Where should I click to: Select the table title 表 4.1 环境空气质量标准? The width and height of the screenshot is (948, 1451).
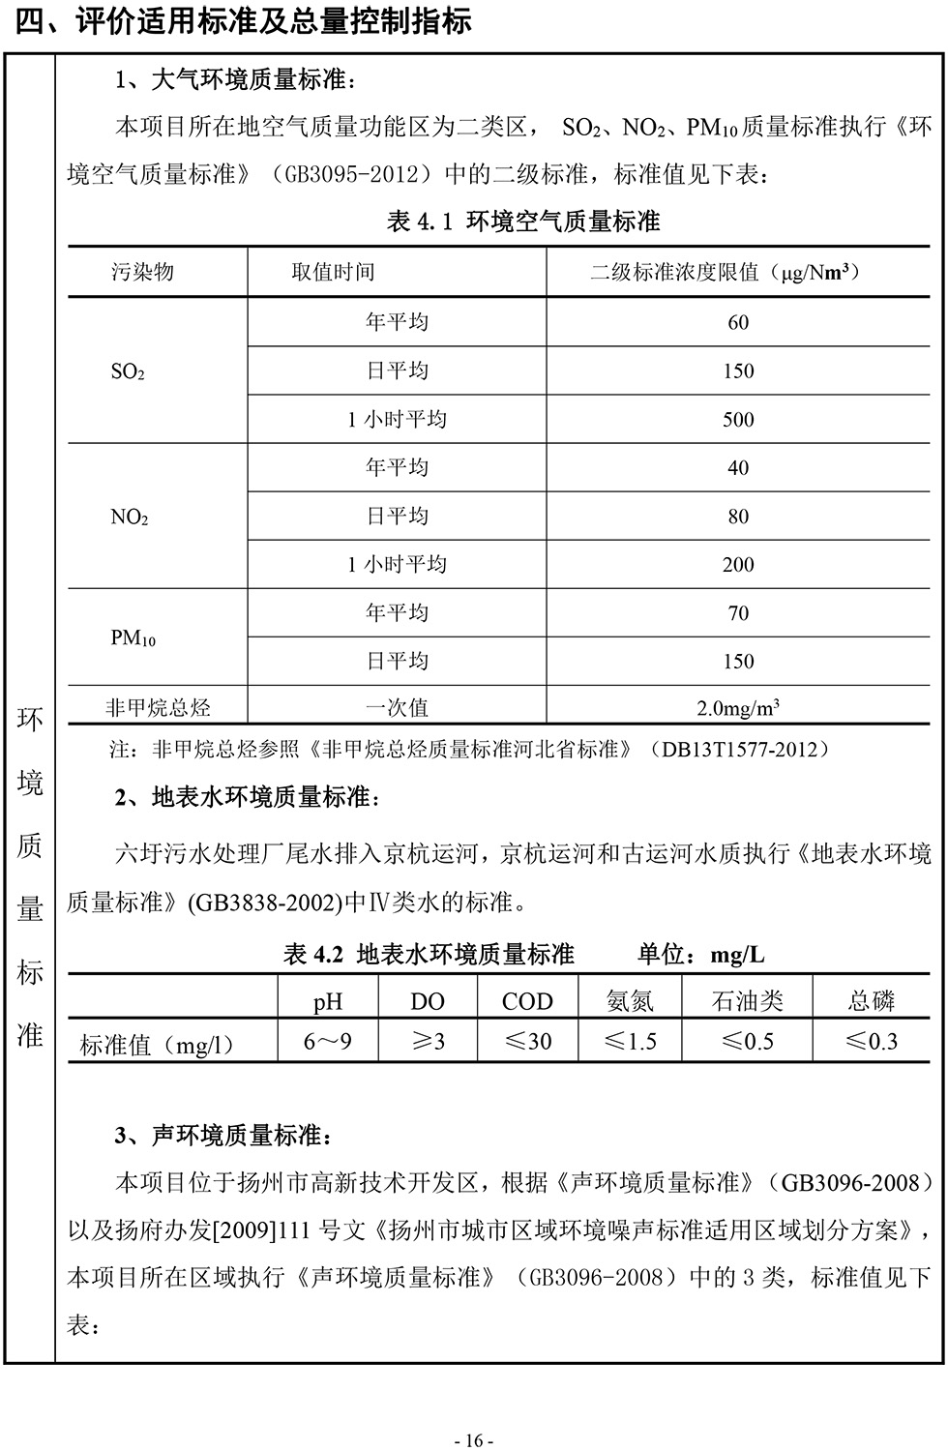pyautogui.click(x=522, y=222)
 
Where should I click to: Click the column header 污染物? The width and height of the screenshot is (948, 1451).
pyautogui.click(x=142, y=272)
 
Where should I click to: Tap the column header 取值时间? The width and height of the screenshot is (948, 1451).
pyautogui.click(x=333, y=272)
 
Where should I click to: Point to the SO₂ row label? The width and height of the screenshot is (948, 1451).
pyautogui.click(x=128, y=371)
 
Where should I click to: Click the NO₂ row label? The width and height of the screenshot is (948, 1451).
pyautogui.click(x=129, y=517)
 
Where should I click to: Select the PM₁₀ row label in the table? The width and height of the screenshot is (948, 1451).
pyautogui.click(x=133, y=637)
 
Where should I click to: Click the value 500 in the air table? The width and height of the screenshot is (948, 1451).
pyautogui.click(x=738, y=420)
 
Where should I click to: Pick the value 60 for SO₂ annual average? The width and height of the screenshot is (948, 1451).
pyautogui.click(x=738, y=323)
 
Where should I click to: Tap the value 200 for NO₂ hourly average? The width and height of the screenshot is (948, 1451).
pyautogui.click(x=738, y=565)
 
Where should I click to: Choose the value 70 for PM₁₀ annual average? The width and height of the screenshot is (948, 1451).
pyautogui.click(x=738, y=613)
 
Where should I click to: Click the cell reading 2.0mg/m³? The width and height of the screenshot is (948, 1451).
pyautogui.click(x=738, y=708)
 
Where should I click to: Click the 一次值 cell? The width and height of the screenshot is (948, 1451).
pyautogui.click(x=397, y=708)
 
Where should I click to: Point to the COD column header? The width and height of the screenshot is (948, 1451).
pyautogui.click(x=527, y=1001)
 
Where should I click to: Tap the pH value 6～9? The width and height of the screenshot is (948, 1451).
pyautogui.click(x=328, y=1042)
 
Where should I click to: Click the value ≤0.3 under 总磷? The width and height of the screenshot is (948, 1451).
pyautogui.click(x=871, y=1042)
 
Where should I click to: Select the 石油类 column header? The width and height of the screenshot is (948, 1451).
pyautogui.click(x=747, y=1001)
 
